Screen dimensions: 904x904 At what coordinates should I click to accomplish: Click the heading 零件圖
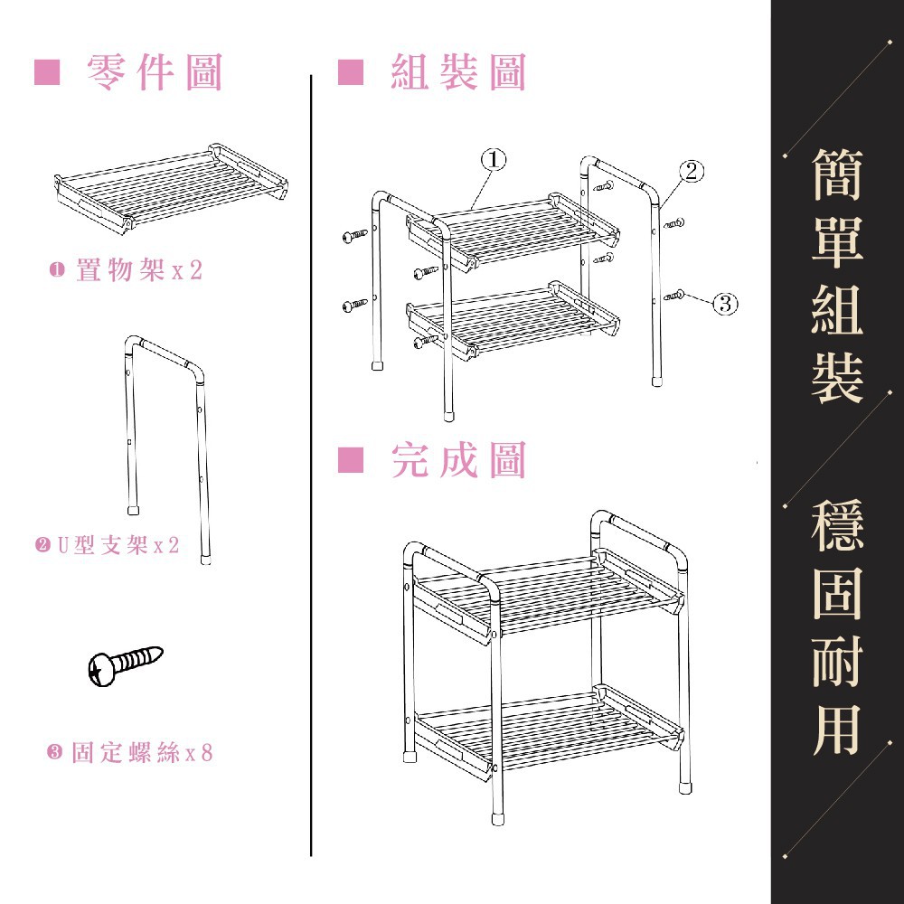pos(155,72)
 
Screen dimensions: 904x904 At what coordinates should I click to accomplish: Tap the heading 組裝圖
pos(458,72)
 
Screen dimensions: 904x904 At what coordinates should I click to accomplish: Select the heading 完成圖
pos(458,461)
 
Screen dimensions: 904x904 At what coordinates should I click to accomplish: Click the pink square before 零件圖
pos(46,72)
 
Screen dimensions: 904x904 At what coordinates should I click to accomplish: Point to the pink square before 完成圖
pos(350,461)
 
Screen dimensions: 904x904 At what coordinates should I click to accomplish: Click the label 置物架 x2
pos(127,270)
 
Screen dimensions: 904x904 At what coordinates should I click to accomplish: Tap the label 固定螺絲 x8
pos(130,752)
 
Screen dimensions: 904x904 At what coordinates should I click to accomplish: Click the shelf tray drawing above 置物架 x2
pos(172,185)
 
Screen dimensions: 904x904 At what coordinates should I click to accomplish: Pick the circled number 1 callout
pos(493,159)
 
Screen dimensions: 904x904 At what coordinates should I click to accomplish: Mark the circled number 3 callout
pos(725,303)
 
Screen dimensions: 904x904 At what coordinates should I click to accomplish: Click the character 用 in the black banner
pos(837,728)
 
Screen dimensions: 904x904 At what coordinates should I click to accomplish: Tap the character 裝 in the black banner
pos(837,377)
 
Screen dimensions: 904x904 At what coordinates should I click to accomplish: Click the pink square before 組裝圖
pos(350,72)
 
